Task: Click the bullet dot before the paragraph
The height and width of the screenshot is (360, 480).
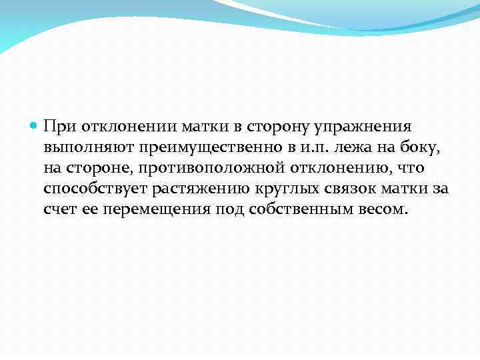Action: (x=35, y=126)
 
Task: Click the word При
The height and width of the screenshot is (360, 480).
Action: (x=57, y=127)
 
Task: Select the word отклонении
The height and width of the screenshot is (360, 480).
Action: (x=117, y=127)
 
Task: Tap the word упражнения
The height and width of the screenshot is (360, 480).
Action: (x=377, y=127)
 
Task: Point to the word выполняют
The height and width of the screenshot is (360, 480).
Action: (x=82, y=147)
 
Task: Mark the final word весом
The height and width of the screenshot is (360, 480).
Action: (x=378, y=209)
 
